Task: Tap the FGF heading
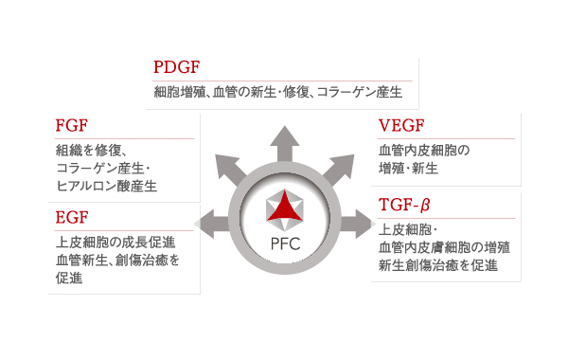coord(72,126)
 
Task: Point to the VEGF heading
coord(401,127)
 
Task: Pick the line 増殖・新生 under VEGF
coord(407,168)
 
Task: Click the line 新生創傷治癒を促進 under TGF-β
coord(436,265)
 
